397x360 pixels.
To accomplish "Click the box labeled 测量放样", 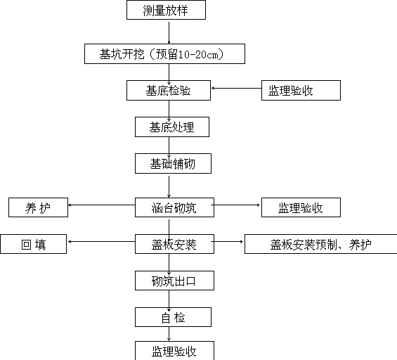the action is tap(166, 10).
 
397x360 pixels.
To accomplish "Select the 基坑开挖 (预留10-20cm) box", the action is tap(164, 53).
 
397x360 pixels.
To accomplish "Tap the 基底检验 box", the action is tap(169, 91).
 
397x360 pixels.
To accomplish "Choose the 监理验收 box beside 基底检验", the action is tap(301, 91).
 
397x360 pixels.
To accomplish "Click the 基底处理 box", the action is tap(172, 127).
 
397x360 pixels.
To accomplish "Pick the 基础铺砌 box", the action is tap(173, 163).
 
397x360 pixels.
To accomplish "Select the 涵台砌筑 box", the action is tap(174, 207).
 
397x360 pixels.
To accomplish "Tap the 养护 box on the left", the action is tap(38, 207).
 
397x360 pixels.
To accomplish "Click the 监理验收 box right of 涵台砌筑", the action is tap(301, 207).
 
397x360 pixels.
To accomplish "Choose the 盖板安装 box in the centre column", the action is tap(174, 244).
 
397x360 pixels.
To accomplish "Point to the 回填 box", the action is tap(34, 244).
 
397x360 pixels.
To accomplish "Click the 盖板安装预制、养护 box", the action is tap(321, 244).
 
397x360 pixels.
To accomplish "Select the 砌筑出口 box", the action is tap(174, 281).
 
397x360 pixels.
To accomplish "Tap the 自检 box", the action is tap(173, 317).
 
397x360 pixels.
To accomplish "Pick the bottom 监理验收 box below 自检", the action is tap(174, 351).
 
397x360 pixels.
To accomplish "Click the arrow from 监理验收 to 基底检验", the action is tap(237, 88).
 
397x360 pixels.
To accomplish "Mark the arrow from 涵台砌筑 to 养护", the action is tap(101, 205).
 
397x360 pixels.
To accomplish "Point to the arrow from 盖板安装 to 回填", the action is tap(101, 241).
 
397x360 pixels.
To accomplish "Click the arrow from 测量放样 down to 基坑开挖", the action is tap(169, 32).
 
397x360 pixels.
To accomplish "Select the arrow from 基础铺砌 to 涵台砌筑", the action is tap(169, 187).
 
